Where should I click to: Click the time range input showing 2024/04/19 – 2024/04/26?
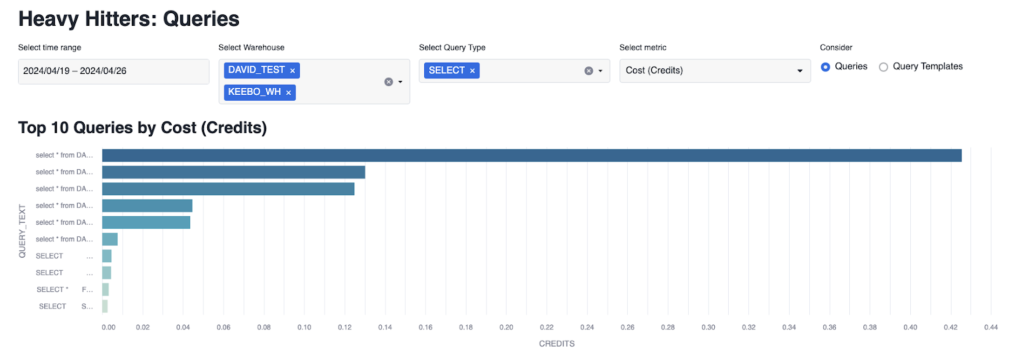(x=113, y=71)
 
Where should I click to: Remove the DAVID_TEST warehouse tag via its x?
(x=292, y=71)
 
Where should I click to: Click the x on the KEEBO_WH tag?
(x=288, y=92)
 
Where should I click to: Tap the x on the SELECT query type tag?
(x=472, y=71)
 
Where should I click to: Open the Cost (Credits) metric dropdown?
(x=714, y=71)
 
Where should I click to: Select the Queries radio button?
(x=825, y=67)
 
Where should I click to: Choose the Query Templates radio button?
(x=883, y=67)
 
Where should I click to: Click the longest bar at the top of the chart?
(x=531, y=155)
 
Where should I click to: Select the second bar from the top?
(x=233, y=172)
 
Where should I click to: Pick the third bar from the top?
(x=228, y=189)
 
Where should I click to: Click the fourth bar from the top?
(x=147, y=206)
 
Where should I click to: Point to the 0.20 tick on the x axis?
(x=506, y=326)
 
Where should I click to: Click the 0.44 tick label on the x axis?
(x=990, y=326)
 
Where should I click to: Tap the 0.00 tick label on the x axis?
(x=109, y=326)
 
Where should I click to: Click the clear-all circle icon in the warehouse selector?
(x=388, y=82)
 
